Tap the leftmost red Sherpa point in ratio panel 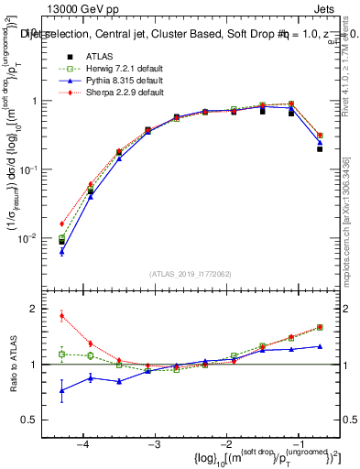pos(61,316)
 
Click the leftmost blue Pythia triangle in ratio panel pos(61,390)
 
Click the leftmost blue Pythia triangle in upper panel pos(61,251)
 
